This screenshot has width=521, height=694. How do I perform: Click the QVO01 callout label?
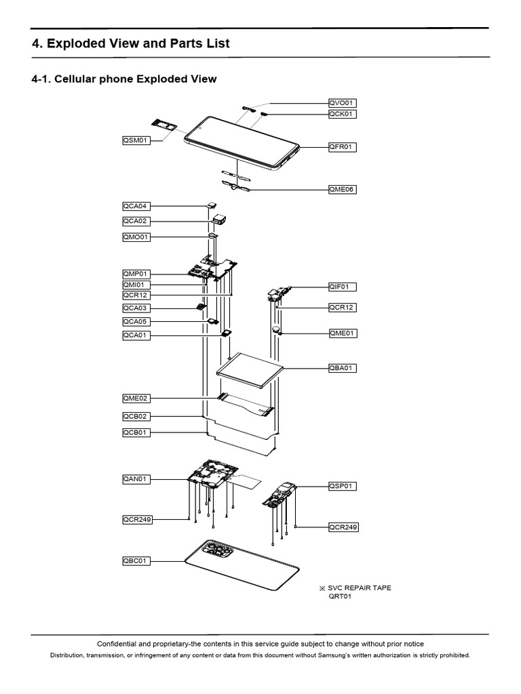coord(342,103)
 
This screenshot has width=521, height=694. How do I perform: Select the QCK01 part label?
coord(342,114)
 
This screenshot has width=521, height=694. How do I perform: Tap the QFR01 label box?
coord(342,146)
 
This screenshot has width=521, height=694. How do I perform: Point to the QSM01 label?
coord(136,140)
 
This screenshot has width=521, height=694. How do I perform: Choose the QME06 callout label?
coord(342,190)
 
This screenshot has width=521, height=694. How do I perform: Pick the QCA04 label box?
coord(136,205)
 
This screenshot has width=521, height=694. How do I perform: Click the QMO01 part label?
coord(136,237)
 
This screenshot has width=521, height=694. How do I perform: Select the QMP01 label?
coord(136,274)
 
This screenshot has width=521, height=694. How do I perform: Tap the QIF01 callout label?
coord(342,287)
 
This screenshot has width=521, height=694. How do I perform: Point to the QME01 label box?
coord(342,333)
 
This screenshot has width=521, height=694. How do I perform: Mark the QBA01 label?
coord(342,368)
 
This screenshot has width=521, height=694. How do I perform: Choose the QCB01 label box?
coord(136,432)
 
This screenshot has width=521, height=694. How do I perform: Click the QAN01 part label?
coord(136,479)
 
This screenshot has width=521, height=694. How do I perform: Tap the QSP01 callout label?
coord(342,486)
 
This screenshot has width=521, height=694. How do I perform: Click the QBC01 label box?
coord(136,560)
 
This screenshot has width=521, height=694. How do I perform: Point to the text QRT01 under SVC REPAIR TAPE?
coord(340,598)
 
